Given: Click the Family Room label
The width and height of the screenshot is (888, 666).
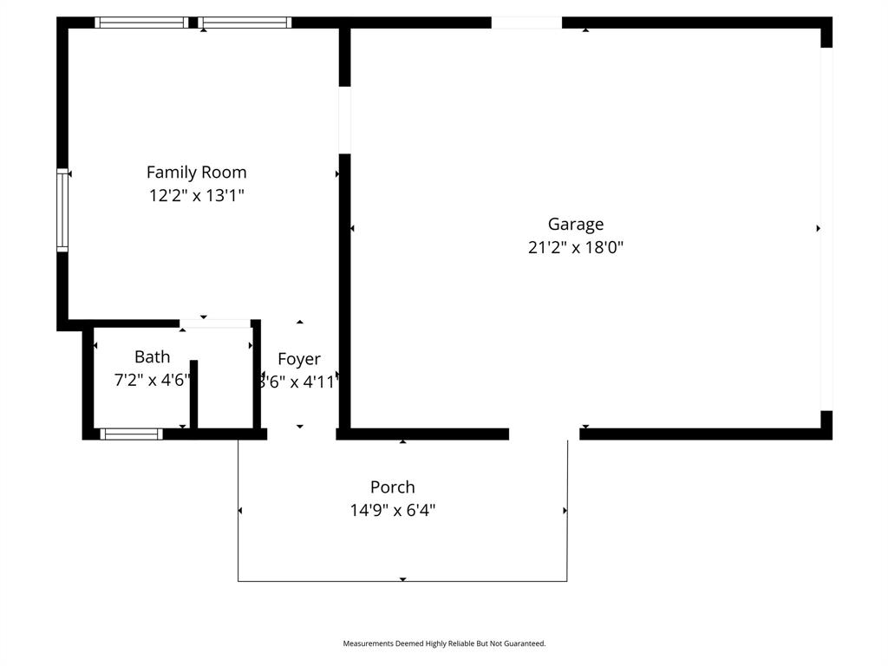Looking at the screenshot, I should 196,172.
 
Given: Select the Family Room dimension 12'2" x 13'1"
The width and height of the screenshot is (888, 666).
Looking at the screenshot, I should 196,196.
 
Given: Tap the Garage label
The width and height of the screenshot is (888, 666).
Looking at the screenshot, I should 575,224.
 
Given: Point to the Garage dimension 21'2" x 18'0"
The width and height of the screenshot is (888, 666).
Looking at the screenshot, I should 575,247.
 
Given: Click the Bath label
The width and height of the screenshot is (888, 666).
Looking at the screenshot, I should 152,356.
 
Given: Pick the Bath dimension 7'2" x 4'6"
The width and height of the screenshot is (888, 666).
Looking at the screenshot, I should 152,380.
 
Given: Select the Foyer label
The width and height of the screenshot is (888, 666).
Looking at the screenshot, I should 299,359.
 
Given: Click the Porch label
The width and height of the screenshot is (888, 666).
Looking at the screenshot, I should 392,486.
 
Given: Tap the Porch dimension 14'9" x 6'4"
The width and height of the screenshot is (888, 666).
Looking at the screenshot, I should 392,510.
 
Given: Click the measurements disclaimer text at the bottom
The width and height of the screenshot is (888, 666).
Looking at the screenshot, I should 444,643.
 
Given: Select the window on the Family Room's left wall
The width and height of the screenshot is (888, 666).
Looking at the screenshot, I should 62,210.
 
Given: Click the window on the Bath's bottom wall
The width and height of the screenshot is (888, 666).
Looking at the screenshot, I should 131,434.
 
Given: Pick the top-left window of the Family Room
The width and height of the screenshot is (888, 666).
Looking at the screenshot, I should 141,23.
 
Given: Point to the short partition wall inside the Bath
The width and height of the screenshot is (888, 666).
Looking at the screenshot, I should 193,395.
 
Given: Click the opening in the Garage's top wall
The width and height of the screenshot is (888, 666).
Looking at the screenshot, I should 526,23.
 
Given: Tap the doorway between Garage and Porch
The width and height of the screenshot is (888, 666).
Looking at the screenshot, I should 544,434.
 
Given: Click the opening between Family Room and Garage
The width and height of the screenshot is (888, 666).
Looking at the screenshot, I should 344,120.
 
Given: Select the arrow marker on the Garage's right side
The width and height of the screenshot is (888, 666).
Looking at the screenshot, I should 818,228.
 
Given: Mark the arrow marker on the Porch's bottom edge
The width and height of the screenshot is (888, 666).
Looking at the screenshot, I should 402,578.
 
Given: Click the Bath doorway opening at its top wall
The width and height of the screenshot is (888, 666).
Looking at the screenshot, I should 215,323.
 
